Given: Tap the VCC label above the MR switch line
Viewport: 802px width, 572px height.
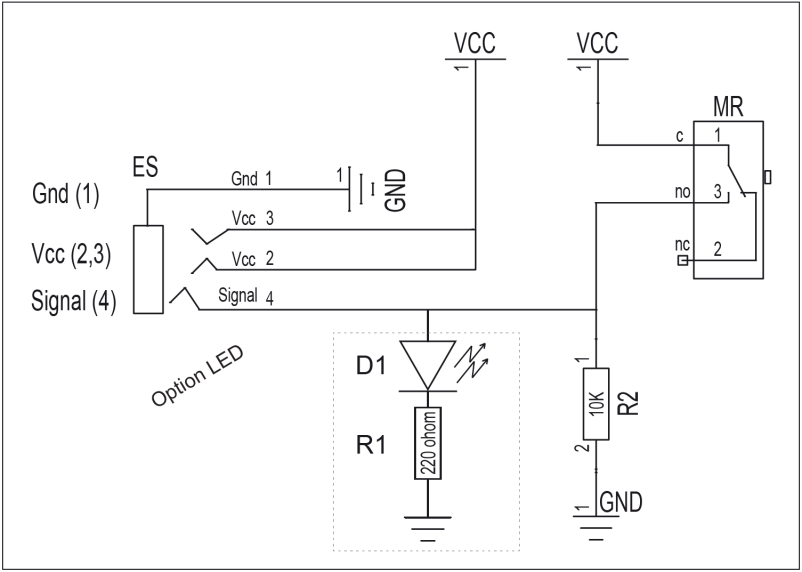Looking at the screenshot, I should tap(598, 44).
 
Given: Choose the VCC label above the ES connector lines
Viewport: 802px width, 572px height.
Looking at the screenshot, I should tap(475, 44).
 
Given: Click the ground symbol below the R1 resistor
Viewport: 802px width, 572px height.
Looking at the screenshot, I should tap(428, 526).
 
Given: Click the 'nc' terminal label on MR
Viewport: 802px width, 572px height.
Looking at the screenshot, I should tap(684, 245).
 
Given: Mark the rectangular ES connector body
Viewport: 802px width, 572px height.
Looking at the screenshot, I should tap(148, 269).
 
